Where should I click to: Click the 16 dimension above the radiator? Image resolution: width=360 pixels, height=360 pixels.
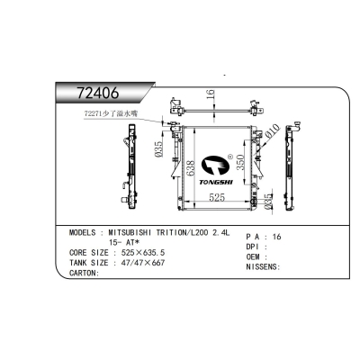point(208,97)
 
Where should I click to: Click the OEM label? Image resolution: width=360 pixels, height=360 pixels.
point(254,256)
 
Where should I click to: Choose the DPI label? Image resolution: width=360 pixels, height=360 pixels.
point(254,245)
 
